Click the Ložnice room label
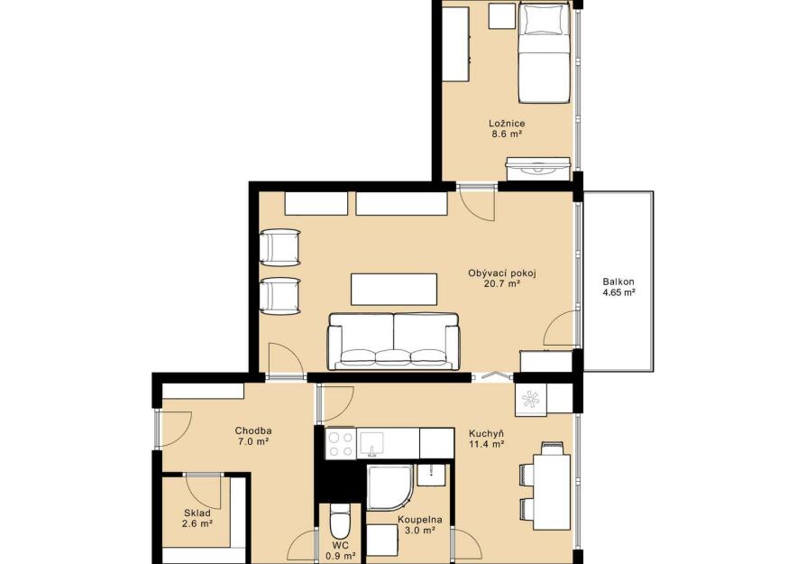pyautogui.click(x=507, y=124)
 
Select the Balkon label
pyautogui.click(x=618, y=282)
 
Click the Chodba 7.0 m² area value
pyautogui.click(x=253, y=441)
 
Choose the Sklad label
pyautogui.click(x=197, y=513)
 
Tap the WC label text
pyautogui.click(x=340, y=545)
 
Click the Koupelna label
pyautogui.click(x=420, y=520)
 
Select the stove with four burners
pyautogui.click(x=340, y=444)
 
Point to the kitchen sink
pyautogui.click(x=371, y=444)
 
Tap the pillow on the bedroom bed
pyautogui.click(x=544, y=22)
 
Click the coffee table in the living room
pyautogui.click(x=394, y=289)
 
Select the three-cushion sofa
pyautogui.click(x=393, y=341)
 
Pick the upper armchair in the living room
pyautogui.click(x=280, y=247)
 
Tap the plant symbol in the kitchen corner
pyautogui.click(x=529, y=400)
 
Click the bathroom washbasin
pyautogui.click(x=432, y=475)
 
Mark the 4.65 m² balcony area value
pyautogui.click(x=618, y=292)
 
